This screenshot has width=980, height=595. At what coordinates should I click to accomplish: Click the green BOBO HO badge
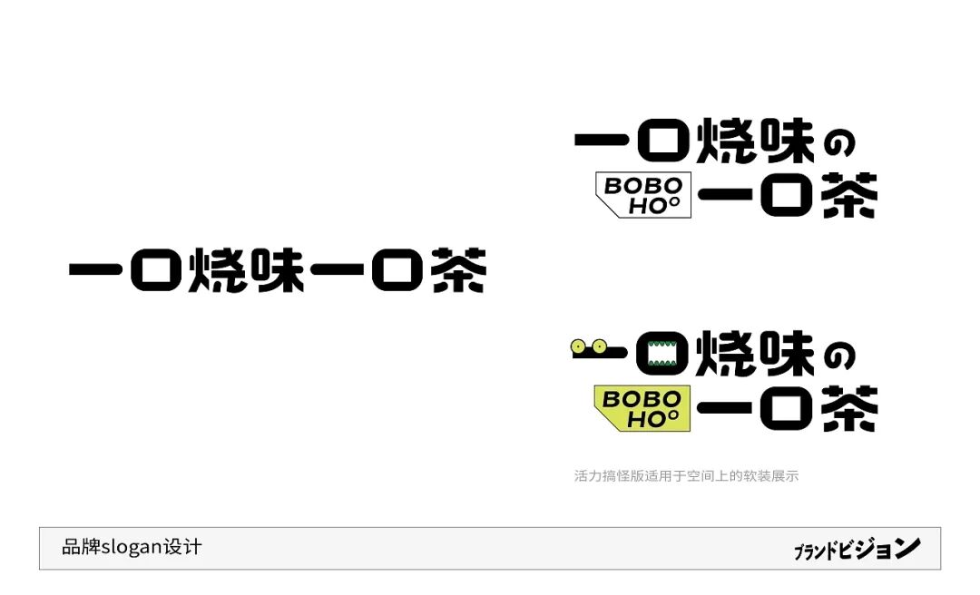642,408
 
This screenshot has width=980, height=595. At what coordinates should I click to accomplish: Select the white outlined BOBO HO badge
643,195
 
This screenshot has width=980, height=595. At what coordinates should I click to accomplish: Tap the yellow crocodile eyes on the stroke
588,346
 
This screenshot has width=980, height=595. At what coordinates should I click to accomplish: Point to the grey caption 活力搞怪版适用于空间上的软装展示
686,476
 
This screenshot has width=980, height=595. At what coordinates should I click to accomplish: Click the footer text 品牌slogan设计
132,547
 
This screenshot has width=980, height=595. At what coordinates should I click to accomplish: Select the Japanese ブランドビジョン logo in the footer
857,549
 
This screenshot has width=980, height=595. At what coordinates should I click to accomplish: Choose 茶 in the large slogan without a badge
459,269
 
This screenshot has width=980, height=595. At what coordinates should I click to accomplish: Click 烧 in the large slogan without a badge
217,269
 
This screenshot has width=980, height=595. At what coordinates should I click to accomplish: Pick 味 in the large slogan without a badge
279,269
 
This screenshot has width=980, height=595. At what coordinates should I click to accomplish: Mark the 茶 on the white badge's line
849,195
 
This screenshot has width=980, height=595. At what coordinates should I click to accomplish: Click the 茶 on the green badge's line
849,409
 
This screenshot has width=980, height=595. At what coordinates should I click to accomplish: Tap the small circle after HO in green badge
673,416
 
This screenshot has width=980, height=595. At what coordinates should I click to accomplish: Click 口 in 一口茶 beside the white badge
786,195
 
